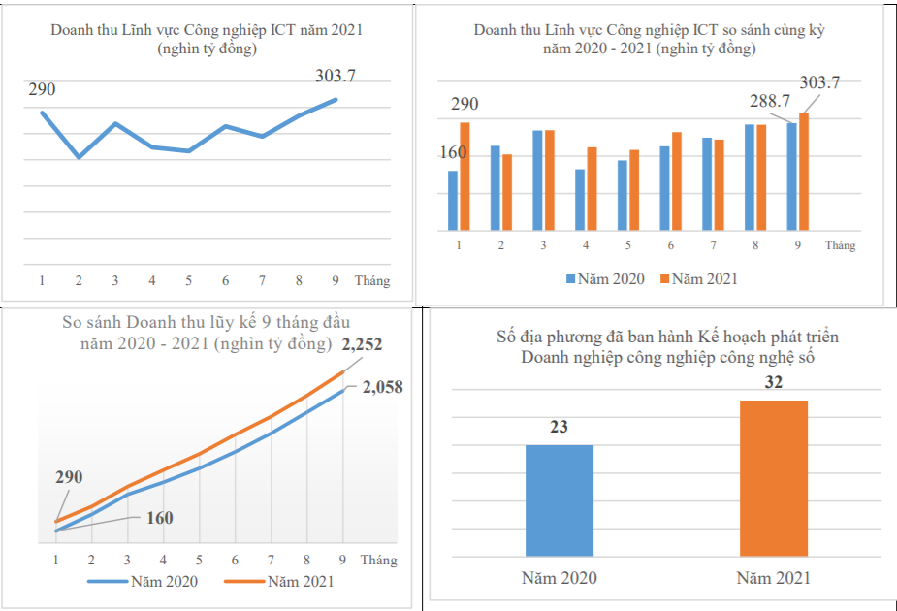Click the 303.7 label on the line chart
pos(336,75)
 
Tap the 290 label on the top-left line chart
pos(42,89)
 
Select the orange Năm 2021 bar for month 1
pos(465,177)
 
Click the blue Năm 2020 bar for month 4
pos(580,200)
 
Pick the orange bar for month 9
pos(803,172)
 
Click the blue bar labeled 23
pos(559,500)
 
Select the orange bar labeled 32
pos(773,478)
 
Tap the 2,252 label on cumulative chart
pos(365,344)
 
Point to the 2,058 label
pos(382,388)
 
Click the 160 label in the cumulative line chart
pos(159,518)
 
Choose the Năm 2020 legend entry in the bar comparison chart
pos(605,279)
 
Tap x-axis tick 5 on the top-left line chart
pos(188,281)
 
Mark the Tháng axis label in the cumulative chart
pos(379,560)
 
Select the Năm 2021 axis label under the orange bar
pos(773,579)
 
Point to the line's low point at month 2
pos(79,156)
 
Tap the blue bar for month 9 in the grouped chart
pos(791,177)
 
